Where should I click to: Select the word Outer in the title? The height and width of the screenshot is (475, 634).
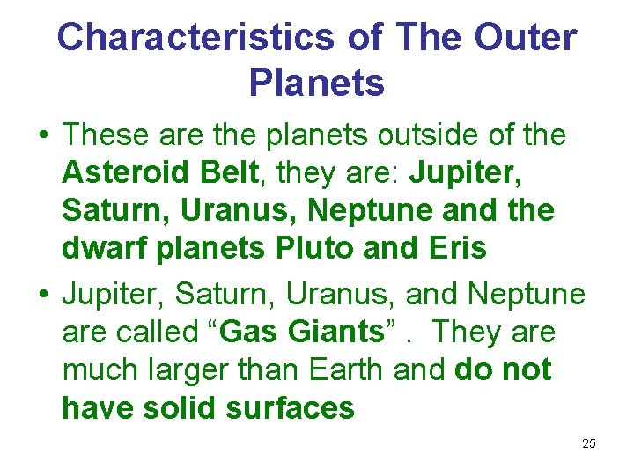point(526,38)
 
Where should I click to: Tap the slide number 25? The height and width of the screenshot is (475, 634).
point(589,443)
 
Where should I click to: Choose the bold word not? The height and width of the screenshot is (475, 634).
point(527,370)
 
